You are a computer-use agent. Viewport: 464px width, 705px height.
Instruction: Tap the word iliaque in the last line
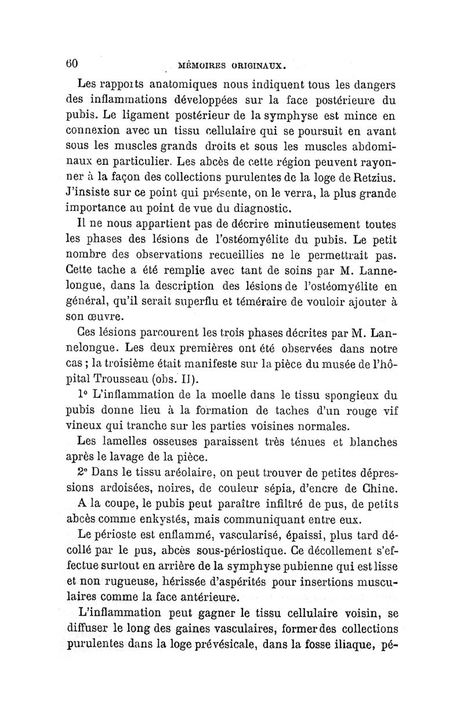360,643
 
